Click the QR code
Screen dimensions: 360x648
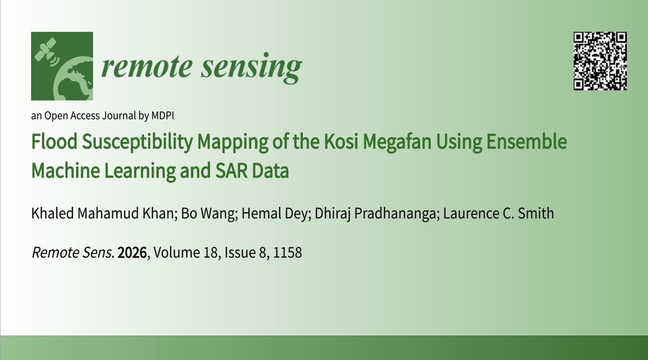click(600, 60)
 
